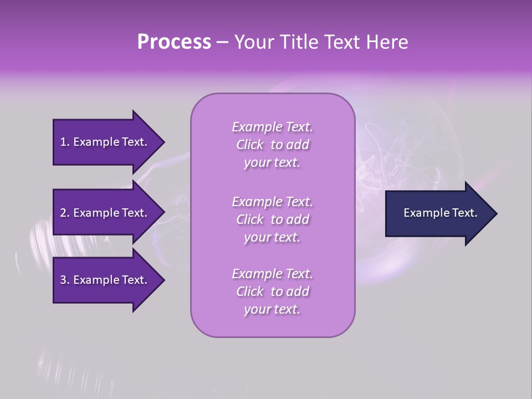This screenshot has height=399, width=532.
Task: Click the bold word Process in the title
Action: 174,42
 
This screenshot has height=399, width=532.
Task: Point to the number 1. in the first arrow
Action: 65,142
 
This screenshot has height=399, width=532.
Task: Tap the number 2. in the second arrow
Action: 65,213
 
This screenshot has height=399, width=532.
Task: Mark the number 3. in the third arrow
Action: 65,280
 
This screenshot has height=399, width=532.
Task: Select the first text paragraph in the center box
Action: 272,145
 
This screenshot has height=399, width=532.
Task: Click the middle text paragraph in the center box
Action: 272,219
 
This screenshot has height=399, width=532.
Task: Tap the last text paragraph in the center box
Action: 272,291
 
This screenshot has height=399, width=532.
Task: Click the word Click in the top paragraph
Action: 250,145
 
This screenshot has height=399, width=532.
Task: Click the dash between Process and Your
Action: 222,42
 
